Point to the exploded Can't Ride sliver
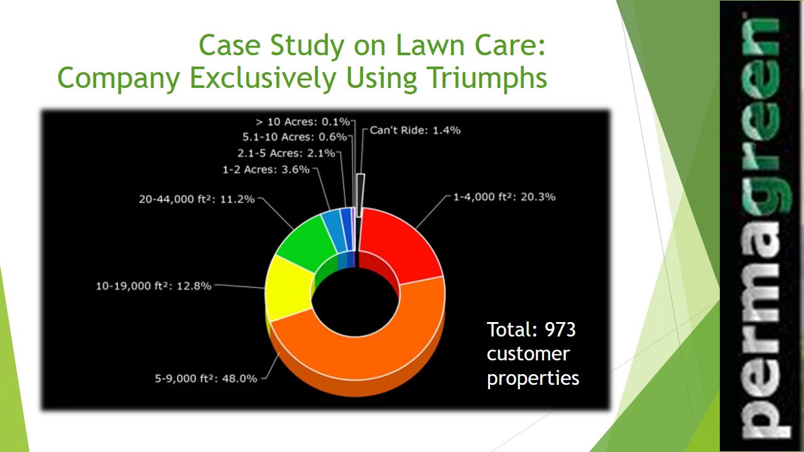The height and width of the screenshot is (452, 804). click(x=360, y=195)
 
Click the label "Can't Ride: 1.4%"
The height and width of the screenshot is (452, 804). click(x=415, y=131)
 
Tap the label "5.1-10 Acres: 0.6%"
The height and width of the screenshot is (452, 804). click(x=295, y=137)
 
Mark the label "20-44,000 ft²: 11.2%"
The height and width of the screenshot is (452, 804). click(x=197, y=200)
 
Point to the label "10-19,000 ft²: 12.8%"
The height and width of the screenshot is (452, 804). click(x=153, y=286)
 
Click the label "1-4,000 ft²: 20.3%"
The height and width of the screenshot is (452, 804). click(x=504, y=197)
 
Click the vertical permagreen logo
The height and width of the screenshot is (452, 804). click(x=761, y=226)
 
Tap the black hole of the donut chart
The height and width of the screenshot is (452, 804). click(x=356, y=301)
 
